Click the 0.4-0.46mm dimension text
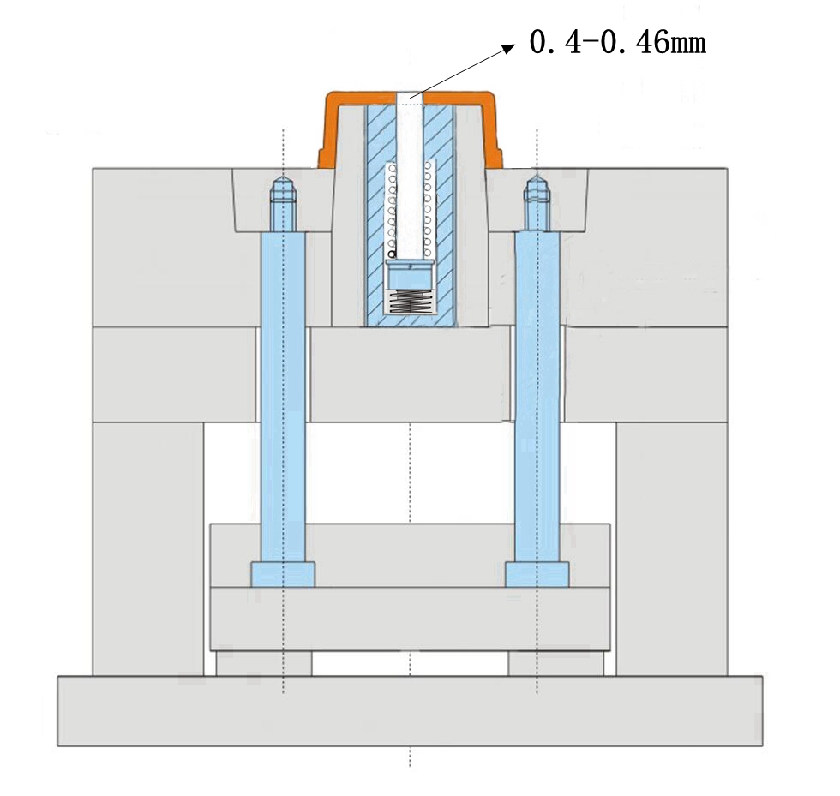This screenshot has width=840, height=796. click(x=618, y=42)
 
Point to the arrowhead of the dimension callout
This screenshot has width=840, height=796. click(x=509, y=48)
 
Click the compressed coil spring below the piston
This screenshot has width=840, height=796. click(x=410, y=301)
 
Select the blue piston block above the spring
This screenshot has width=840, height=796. click(x=410, y=275)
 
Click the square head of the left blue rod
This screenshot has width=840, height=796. click(x=283, y=574)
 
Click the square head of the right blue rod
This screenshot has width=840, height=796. click(x=537, y=574)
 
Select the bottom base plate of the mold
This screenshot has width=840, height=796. click(x=410, y=711)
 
